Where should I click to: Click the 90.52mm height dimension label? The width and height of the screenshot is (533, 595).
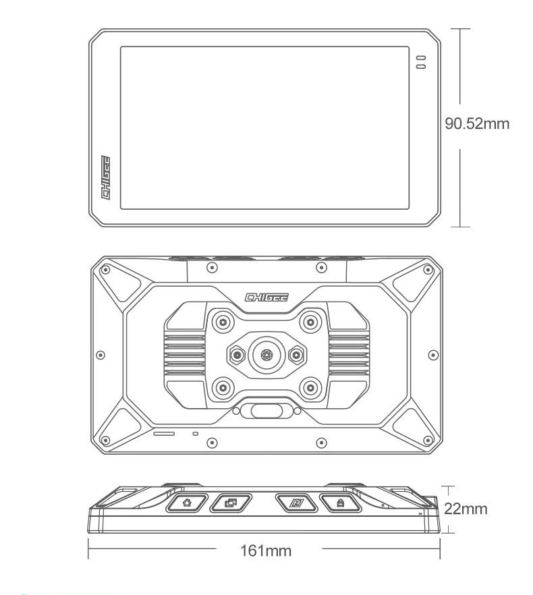(x=477, y=124)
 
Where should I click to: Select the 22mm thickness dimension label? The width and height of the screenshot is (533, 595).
(x=465, y=508)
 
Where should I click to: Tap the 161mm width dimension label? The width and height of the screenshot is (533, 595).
(x=266, y=551)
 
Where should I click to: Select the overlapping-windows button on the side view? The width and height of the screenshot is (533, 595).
(x=231, y=503)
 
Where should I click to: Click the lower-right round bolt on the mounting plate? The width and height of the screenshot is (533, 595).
(x=310, y=387)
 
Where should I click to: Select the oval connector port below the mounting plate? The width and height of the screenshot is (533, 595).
(x=265, y=410)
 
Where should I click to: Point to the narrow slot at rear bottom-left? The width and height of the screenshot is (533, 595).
(x=164, y=432)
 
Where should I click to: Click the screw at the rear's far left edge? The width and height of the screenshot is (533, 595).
(x=100, y=353)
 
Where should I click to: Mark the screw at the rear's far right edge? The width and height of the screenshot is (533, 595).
(x=430, y=353)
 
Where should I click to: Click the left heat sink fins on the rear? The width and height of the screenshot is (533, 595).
(x=184, y=353)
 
